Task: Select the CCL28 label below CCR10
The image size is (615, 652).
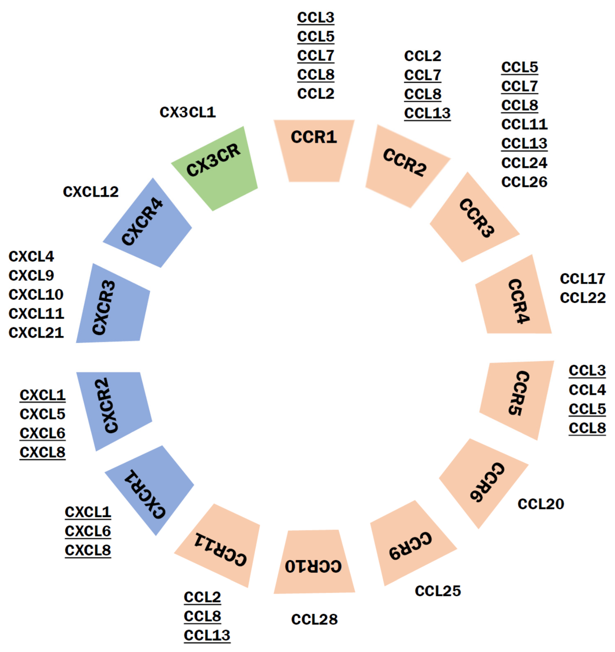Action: point(314,619)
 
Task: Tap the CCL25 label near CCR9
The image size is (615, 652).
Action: point(437,591)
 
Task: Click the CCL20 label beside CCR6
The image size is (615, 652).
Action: point(541,504)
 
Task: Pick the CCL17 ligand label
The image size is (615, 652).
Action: point(582,279)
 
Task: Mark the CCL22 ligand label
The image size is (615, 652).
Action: point(582,298)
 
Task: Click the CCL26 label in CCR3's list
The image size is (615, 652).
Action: point(524,182)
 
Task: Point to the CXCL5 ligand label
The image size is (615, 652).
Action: point(42,414)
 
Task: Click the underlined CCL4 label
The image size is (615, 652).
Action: point(587,390)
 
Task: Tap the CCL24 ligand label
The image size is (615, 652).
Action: point(524,163)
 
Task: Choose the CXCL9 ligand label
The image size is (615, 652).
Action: point(31,275)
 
